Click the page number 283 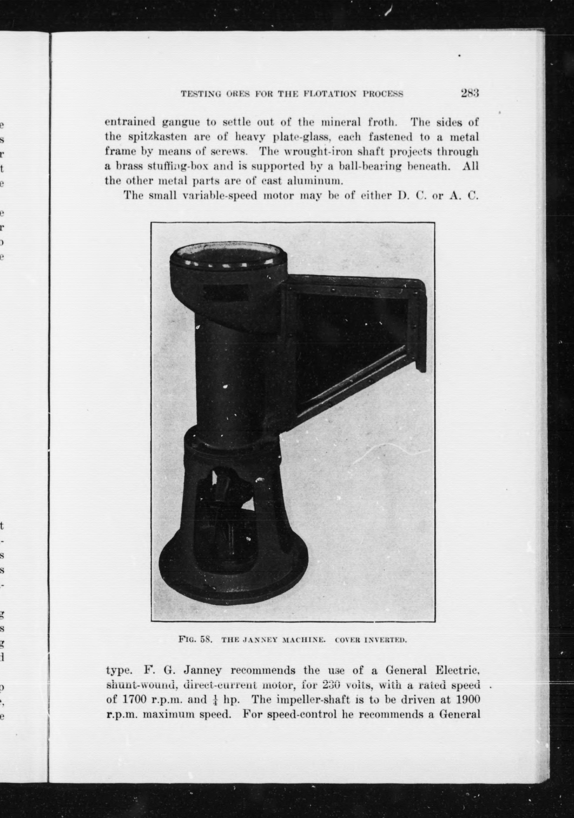[470, 93]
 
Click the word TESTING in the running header [197, 95]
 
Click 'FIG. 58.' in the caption [196, 639]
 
